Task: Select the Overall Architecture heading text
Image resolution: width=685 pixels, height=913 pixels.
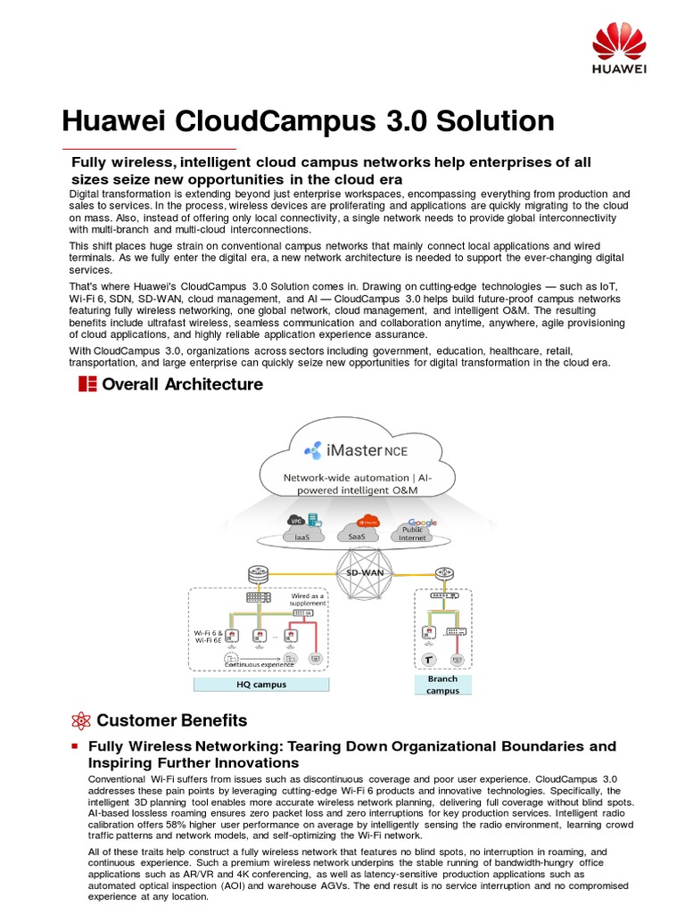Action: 183,384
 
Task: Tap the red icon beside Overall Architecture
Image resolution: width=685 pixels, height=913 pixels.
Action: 87,384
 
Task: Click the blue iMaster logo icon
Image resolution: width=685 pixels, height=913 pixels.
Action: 313,450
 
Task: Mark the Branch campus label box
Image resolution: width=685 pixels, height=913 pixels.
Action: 443,684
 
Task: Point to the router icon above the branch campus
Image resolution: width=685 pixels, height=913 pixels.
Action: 443,574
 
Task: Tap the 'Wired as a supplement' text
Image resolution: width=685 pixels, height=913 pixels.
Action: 309,599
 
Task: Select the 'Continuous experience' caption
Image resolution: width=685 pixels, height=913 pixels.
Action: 259,664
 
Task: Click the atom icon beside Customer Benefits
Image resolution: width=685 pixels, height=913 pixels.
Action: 81,720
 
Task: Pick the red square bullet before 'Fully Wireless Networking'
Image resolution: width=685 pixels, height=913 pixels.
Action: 76,745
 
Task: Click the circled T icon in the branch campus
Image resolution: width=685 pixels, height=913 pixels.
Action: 429,660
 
